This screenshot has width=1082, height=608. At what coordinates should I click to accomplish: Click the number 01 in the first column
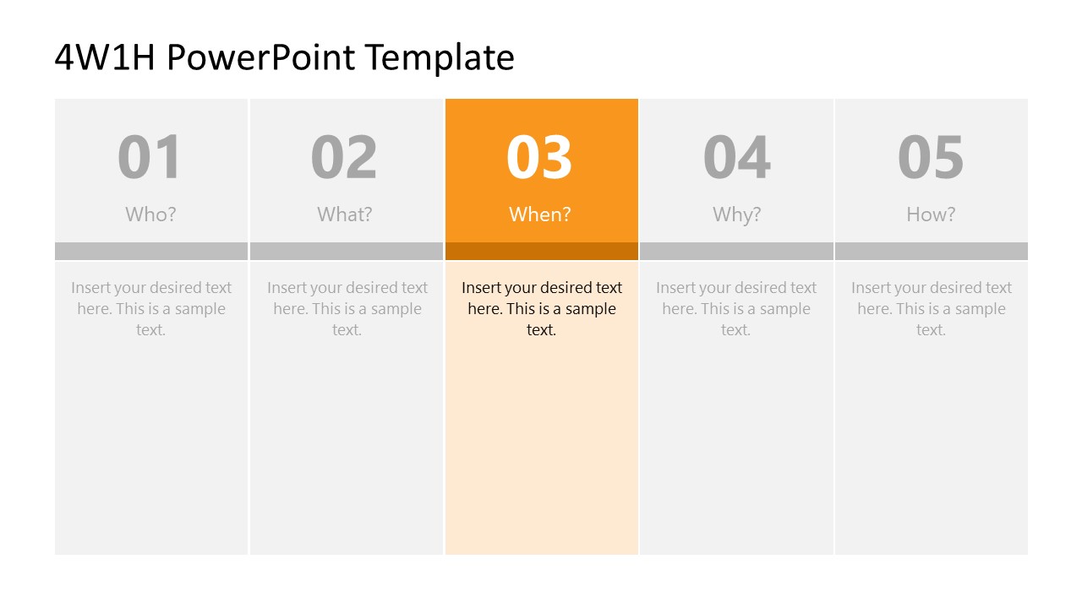150,158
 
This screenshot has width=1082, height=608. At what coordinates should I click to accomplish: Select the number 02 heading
344,158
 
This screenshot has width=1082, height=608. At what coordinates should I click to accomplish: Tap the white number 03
539,158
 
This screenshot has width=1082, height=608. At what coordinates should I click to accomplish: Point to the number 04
736,158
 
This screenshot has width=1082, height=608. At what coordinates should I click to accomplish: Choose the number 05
931,158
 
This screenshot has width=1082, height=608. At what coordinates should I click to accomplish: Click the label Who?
150,214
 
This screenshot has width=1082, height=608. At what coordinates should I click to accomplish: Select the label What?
345,214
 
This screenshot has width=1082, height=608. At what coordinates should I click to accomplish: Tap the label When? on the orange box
540,214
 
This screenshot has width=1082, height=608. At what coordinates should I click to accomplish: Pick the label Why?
736,214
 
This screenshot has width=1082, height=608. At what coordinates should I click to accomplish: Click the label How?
931,214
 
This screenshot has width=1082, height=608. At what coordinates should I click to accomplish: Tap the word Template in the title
440,57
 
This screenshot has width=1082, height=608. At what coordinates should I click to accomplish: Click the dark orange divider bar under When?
541,251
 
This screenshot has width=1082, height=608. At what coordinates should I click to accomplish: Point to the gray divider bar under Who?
151,251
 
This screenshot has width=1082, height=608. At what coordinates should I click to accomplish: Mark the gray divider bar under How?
932,251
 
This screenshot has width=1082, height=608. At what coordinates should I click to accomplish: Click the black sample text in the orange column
541,308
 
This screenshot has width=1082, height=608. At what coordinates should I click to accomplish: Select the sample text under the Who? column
151,308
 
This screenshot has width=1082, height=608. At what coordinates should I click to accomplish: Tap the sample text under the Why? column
736,308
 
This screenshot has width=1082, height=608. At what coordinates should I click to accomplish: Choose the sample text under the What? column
347,308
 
